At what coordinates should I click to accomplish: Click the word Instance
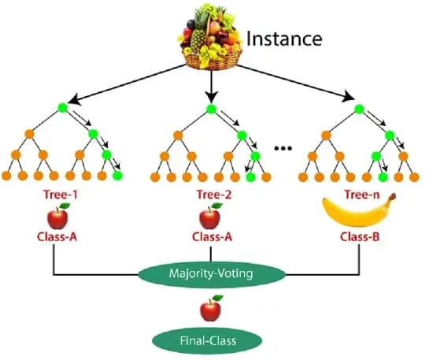pyautogui.click(x=284, y=39)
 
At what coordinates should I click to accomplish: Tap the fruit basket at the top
pyautogui.click(x=211, y=36)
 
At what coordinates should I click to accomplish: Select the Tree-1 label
pyautogui.click(x=61, y=195)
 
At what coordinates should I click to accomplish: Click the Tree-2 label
pyautogui.click(x=214, y=195)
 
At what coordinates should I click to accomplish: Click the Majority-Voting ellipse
pyautogui.click(x=212, y=274)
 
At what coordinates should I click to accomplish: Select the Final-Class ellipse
pyautogui.click(x=207, y=340)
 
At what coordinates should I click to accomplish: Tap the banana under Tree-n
pyautogui.click(x=358, y=211)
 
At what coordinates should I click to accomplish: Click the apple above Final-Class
pyautogui.click(x=211, y=308)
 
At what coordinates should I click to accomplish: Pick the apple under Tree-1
pyautogui.click(x=58, y=217)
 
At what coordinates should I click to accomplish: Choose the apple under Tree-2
pyautogui.click(x=210, y=217)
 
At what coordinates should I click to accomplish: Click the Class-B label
pyautogui.click(x=360, y=237)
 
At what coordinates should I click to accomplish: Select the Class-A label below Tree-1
pyautogui.click(x=57, y=237)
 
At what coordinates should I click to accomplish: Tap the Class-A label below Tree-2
pyautogui.click(x=212, y=237)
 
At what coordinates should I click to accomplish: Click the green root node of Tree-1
pyautogui.click(x=63, y=108)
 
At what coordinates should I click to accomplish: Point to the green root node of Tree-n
pyautogui.click(x=359, y=109)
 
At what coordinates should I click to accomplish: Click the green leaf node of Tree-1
pyautogui.click(x=117, y=176)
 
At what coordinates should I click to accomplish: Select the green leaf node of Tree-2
pyautogui.click(x=250, y=177)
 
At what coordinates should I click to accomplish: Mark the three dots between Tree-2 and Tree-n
pyautogui.click(x=283, y=148)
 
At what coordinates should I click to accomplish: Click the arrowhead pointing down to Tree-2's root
pyautogui.click(x=212, y=98)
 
